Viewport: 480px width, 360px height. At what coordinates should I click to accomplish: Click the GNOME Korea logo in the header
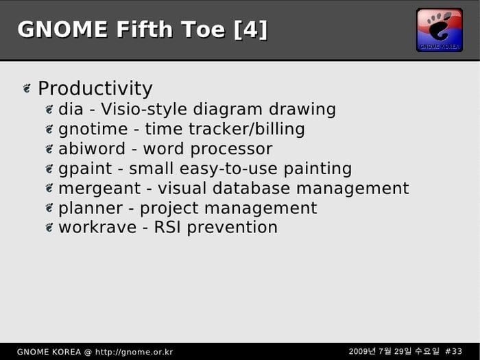pos(440,30)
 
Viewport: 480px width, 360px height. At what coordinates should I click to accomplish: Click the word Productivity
pos(95,88)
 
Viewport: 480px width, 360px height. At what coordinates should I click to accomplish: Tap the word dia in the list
pos(71,109)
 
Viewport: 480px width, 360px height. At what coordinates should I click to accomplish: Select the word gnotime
pos(93,129)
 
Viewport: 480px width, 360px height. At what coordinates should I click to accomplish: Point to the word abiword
pos(92,149)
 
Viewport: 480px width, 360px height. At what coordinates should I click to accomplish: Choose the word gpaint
pos(85,169)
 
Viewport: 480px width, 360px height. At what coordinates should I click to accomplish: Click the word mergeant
pos(99,189)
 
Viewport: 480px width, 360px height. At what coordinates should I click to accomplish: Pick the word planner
pos(91,208)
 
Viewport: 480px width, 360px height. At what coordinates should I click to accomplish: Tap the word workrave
pos(97,228)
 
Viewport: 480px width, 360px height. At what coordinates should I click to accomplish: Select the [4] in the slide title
pos(251,29)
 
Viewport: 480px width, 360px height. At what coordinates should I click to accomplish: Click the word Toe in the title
pos(203,29)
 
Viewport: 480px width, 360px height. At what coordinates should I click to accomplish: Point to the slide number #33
pos(453,351)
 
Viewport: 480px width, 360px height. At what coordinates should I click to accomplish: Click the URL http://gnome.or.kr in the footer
pos(134,352)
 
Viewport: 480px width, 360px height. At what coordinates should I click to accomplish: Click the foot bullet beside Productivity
pos(27,88)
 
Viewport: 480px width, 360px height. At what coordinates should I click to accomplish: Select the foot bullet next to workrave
pos(49,228)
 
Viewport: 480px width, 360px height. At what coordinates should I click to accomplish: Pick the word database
pos(251,189)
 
